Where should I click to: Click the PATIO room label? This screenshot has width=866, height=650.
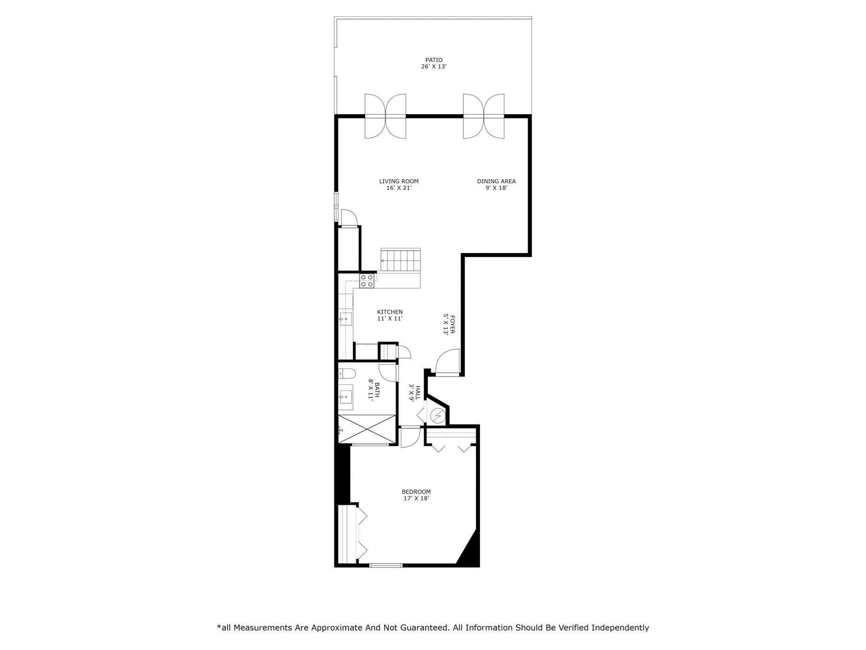pos(433,60)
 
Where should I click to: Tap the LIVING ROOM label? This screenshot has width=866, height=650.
pos(399,181)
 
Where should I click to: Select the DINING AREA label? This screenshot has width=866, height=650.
pos(496,181)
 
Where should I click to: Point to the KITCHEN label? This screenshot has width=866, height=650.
pos(390,312)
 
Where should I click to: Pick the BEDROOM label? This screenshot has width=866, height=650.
pos(416,492)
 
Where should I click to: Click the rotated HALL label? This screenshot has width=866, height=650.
pos(418,392)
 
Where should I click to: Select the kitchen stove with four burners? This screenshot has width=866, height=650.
pos(366,281)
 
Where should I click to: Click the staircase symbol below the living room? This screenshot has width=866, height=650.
pos(401,261)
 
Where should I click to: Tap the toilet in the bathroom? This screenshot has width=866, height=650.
pos(346,373)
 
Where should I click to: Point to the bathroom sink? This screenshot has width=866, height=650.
pos(345,397)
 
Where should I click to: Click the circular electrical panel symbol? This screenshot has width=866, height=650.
pos(437,415)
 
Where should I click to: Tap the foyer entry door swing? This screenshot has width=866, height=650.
pos(447,362)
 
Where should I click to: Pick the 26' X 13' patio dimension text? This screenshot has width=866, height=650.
pos(433,67)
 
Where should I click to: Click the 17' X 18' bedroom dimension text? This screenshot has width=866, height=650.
pos(416,499)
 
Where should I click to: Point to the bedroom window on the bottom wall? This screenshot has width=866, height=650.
pos(386,566)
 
